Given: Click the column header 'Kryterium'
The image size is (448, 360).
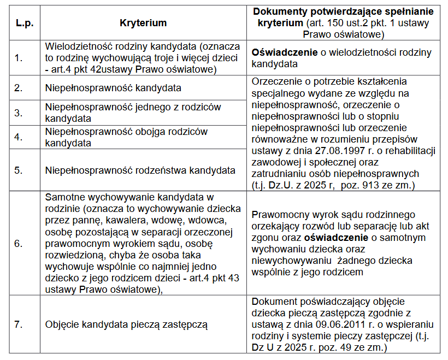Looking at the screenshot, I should (143, 23).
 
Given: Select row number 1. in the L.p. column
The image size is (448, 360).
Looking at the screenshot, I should (19, 57).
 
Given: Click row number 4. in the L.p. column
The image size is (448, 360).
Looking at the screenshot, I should (19, 137).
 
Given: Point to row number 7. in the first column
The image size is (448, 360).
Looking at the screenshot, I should (19, 324).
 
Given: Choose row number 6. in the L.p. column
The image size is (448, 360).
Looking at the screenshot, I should (19, 243).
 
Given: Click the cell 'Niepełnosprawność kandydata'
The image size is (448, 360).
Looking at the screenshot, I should (113, 87).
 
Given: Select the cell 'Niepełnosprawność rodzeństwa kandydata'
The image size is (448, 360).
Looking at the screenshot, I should (140, 170).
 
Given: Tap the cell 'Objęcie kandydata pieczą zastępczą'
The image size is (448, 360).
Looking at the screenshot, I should (127, 324).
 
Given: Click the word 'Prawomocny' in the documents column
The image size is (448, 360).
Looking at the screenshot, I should (279, 214).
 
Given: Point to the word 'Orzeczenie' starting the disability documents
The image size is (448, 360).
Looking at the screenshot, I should (277, 82).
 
